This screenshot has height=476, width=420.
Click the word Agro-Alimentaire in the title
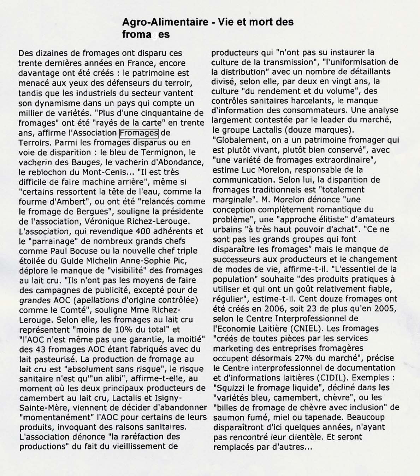coord(165,22)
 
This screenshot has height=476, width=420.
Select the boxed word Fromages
coord(139,133)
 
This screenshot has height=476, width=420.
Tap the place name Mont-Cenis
coord(108,172)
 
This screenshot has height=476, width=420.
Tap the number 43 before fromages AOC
coord(41,349)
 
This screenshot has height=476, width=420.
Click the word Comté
coord(71,310)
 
